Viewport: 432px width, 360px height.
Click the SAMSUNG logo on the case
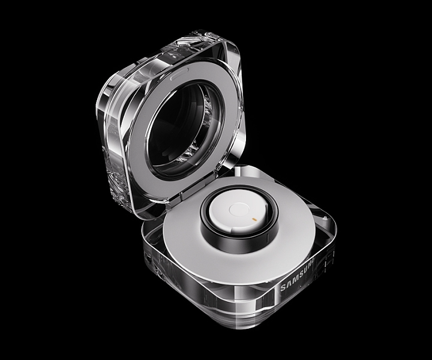click(297, 275)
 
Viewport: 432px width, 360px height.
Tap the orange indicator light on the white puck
click(254, 220)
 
